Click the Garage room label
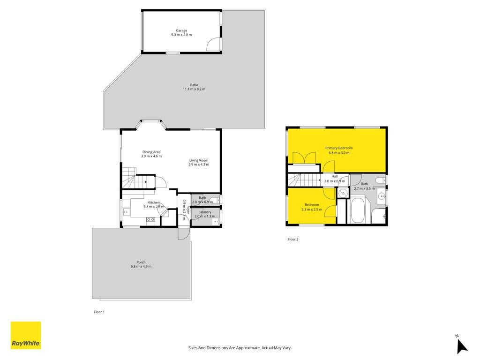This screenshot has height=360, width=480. coord(181,30)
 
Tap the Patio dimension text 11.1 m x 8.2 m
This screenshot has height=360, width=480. coord(194,89)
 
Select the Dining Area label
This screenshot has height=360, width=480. coord(151,152)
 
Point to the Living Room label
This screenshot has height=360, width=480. coord(199,160)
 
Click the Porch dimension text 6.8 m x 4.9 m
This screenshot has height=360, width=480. coord(141,266)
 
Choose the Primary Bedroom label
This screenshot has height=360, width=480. coord(339,148)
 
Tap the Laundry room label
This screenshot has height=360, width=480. coord(205,212)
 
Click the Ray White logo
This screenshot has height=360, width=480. coord(26,335)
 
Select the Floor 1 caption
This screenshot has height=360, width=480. coord(99,312)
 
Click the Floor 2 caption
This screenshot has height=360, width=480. coord(293,239)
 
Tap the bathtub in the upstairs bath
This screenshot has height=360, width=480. coord(357,211)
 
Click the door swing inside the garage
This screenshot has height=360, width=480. coord(213,45)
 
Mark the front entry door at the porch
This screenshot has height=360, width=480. coord(184,233)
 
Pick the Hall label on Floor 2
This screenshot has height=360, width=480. coord(335,176)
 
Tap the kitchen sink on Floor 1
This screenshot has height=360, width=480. coord(126,211)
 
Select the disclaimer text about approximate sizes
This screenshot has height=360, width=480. coord(240,348)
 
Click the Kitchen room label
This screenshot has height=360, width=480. coord(154,202)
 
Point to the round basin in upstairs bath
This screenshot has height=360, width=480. coord(382,196)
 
